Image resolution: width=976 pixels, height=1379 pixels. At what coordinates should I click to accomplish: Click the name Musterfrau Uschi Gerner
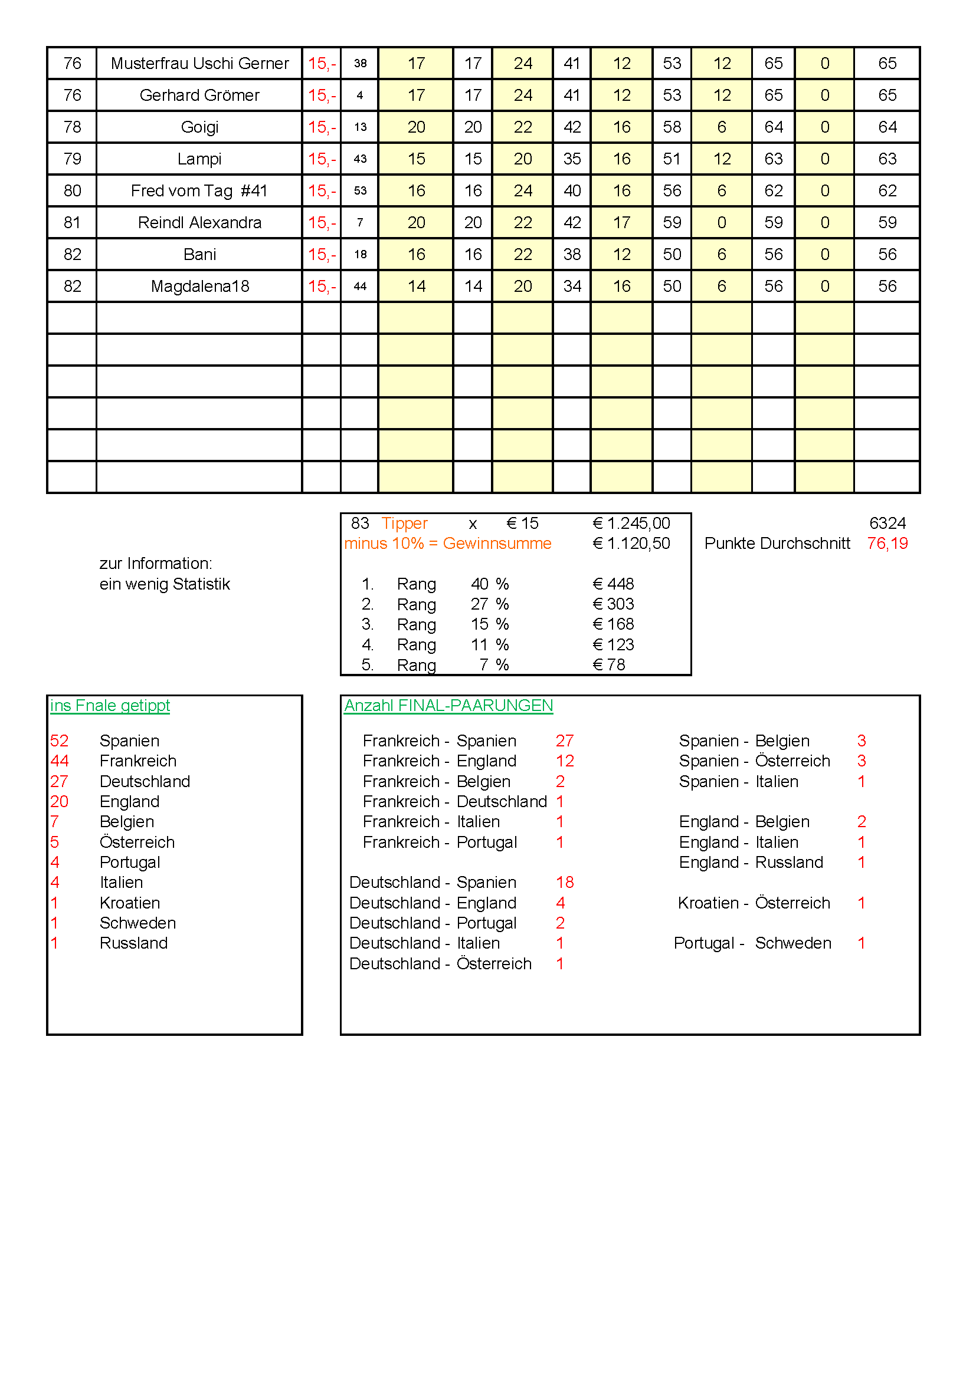click(199, 63)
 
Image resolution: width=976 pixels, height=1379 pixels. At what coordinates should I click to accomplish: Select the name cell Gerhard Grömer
click(199, 95)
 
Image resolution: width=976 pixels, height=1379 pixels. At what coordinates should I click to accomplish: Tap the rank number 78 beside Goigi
click(72, 127)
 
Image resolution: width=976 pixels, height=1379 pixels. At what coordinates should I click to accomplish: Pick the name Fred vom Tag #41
click(199, 190)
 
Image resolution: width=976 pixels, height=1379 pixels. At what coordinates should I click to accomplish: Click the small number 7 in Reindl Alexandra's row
click(360, 222)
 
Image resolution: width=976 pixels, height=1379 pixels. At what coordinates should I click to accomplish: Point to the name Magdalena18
click(199, 286)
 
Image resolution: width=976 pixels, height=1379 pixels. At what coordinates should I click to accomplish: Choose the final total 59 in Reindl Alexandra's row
click(887, 222)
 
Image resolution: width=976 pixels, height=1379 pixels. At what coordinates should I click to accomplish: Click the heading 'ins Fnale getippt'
click(110, 705)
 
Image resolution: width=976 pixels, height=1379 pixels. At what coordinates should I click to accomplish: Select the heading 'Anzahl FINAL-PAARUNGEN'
click(448, 705)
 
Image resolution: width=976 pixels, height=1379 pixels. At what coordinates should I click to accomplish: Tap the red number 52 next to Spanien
click(60, 740)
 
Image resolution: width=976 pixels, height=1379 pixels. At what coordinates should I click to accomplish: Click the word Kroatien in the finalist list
click(130, 903)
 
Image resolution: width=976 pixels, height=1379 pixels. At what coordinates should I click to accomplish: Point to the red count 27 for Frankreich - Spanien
click(565, 740)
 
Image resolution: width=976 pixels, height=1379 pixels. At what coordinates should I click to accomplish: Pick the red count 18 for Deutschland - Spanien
click(565, 883)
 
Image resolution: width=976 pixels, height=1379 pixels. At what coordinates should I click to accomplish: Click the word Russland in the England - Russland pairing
click(789, 862)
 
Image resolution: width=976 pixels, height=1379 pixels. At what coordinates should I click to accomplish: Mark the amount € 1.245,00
click(631, 523)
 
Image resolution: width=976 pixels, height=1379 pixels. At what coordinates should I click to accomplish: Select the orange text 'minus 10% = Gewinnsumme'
click(448, 543)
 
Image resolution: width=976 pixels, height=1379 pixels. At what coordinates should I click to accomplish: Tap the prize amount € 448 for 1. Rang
click(613, 584)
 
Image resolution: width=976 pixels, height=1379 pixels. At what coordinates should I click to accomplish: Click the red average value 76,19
click(887, 543)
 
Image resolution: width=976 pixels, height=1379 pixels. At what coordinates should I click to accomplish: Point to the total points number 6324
click(887, 523)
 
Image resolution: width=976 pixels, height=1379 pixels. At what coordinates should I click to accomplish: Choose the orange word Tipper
click(404, 523)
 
